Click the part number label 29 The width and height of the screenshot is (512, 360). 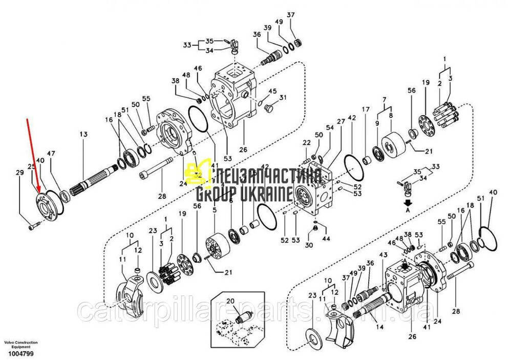click(x=19, y=173)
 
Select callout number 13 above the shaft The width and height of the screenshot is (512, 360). click(x=83, y=134)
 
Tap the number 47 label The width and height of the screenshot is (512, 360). click(x=51, y=154)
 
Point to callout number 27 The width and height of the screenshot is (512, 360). click(x=341, y=121)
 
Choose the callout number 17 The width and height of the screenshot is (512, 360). click(x=366, y=110)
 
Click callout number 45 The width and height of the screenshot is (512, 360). click(x=272, y=91)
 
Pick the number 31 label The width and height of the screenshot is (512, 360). click(x=283, y=98)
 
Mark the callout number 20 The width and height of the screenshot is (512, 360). click(x=230, y=301)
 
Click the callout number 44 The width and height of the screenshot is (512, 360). click(x=326, y=239)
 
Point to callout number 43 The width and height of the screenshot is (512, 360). click(x=383, y=255)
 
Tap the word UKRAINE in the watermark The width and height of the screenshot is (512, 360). click(x=267, y=194)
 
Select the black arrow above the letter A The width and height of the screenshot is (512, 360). click(x=408, y=202)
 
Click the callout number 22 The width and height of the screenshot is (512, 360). click(x=306, y=142)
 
